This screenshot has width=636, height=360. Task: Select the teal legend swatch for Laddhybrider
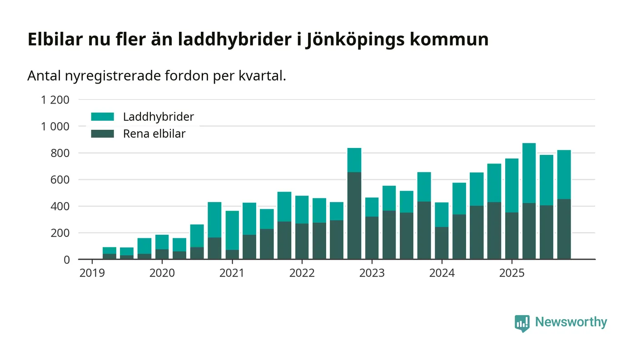coord(102,117)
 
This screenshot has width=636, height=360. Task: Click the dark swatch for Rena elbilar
coord(102,134)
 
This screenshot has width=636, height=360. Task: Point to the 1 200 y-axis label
coord(55,100)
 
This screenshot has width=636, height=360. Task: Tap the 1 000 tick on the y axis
coord(55,126)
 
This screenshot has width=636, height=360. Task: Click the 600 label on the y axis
coord(60,180)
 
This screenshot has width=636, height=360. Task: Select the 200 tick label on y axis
coord(60,233)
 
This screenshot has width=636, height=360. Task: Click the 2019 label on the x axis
coord(92,273)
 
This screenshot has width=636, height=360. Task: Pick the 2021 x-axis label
coord(232,273)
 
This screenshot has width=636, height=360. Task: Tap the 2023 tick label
coord(372,273)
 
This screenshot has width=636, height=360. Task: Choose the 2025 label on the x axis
coord(512,273)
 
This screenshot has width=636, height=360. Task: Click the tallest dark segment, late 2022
coord(354,216)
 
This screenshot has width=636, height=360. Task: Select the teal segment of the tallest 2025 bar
coord(529,173)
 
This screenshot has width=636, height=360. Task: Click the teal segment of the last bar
coord(564,175)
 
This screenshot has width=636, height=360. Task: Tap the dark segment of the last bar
coord(564,229)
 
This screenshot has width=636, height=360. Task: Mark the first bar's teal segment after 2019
coord(109,251)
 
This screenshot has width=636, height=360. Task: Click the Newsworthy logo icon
coord(522,323)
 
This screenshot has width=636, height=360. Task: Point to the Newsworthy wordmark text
coord(571,322)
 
